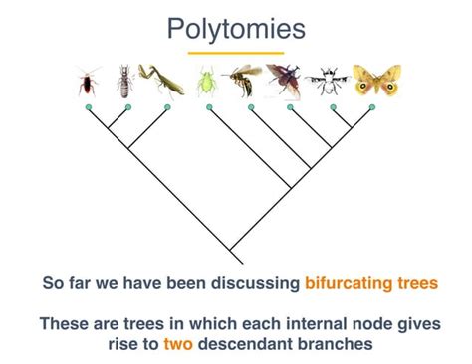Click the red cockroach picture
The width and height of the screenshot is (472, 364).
[88, 83]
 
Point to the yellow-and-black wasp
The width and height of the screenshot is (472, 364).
[243, 81]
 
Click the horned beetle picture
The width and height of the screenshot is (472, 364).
[286, 81]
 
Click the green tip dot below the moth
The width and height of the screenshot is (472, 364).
[371, 105]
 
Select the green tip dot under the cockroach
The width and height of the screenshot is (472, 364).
[88, 105]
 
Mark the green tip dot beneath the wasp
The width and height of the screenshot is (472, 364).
[251, 105]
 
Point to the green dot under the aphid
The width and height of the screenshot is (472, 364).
[209, 105]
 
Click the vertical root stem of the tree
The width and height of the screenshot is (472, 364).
[230, 254]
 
